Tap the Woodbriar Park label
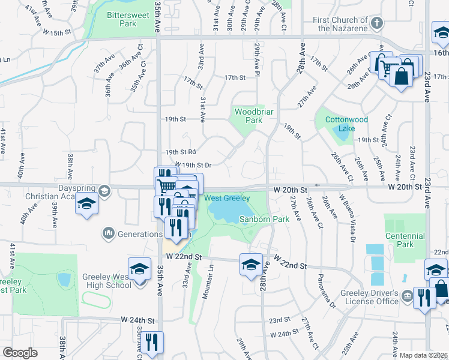click(249, 116)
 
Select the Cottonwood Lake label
click(346, 124)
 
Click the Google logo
click(20, 353)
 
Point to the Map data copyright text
click(423, 355)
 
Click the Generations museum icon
click(109, 232)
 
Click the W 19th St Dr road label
click(193, 164)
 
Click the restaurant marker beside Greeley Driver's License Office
click(424, 298)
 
